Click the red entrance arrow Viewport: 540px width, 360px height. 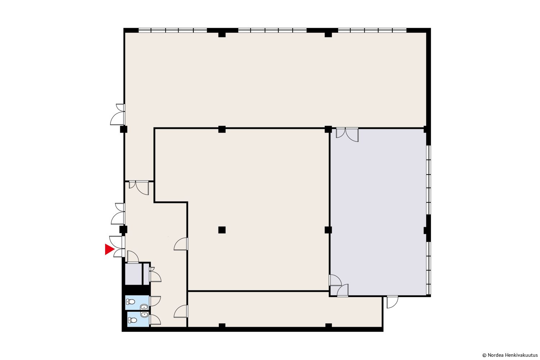click(x=109, y=249)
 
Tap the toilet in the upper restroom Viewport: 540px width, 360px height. click(x=131, y=302)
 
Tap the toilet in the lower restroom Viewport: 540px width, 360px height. click(x=132, y=320)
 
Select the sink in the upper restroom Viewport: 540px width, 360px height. click(x=144, y=307)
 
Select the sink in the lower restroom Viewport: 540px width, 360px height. click(x=144, y=314)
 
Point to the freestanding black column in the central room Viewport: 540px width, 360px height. click(x=222, y=230)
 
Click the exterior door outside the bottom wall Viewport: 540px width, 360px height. click(x=392, y=302)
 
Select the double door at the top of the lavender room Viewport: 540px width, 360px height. click(x=347, y=134)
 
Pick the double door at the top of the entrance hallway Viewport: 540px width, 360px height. click(x=139, y=187)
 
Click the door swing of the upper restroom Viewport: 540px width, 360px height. click(x=155, y=301)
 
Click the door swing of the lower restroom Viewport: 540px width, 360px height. click(x=155, y=319)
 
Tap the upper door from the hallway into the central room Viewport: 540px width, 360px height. click(x=181, y=244)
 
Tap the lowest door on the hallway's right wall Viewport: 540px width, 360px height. click(x=181, y=311)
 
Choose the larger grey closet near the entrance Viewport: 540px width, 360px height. click(x=133, y=274)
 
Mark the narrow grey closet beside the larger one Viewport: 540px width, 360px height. click(x=146, y=274)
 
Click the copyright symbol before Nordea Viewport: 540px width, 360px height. click(x=485, y=355)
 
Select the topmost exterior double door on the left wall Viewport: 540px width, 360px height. click(x=118, y=114)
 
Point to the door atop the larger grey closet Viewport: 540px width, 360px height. click(x=133, y=257)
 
